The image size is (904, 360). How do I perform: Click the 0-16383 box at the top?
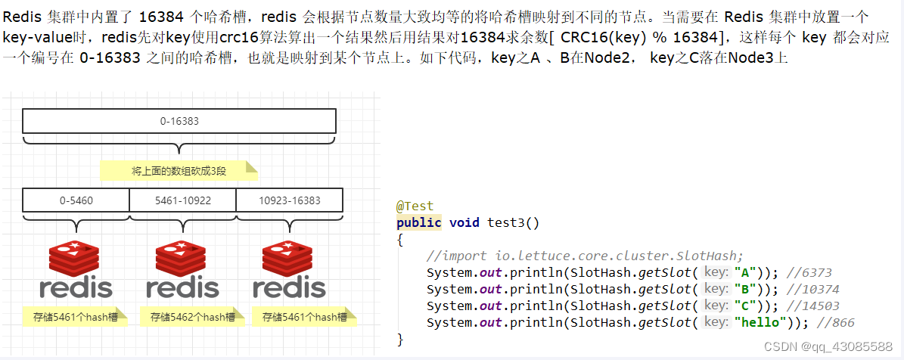pos(179,121)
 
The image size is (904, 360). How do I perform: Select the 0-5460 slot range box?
pos(76,200)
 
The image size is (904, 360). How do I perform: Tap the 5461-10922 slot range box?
pos(182,200)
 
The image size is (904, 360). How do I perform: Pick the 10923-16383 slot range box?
pos(289,200)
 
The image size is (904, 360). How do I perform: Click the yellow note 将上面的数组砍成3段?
pos(179,171)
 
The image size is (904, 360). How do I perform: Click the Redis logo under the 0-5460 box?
pos(76,269)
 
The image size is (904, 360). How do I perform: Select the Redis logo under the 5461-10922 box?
pos(182,269)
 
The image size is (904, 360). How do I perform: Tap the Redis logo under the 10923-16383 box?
pos(289,269)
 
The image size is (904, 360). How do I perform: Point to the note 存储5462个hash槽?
pos(192,317)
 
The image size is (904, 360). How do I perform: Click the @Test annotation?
pos(415,206)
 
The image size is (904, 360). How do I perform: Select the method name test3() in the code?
pos(513,222)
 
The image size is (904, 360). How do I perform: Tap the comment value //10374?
pos(812,289)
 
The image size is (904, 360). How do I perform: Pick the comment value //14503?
pos(812,306)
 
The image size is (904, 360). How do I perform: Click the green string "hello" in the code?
pos(760,323)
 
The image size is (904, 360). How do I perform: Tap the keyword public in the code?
pos(418,222)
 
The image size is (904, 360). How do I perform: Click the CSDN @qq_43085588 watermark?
pos(828,346)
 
